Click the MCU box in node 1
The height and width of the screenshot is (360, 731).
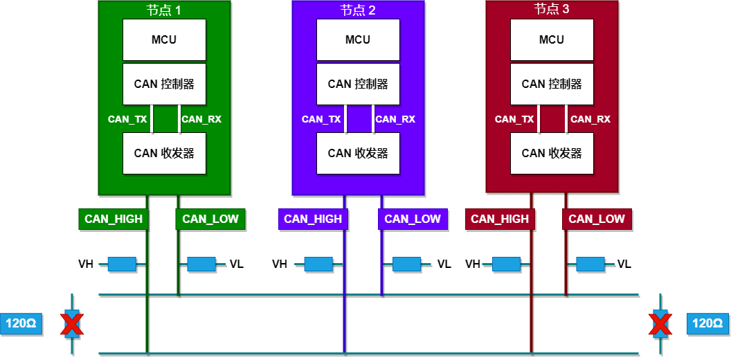point(164,39)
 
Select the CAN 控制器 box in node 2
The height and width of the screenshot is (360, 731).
point(358,84)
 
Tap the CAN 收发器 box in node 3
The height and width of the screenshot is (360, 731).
point(552,153)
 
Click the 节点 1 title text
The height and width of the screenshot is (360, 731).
point(164,10)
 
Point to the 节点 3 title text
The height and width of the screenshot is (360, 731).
point(552,10)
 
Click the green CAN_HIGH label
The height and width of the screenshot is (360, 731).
point(114,219)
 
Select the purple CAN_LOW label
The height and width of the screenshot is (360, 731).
point(413,219)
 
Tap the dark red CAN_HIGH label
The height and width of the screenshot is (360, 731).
point(500,219)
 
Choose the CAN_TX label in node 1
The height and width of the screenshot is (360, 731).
point(127,119)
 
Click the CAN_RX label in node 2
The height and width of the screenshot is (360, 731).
point(395,119)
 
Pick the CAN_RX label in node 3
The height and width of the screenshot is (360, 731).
point(590,119)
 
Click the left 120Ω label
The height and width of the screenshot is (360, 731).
point(21,323)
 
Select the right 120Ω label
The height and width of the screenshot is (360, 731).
point(707,323)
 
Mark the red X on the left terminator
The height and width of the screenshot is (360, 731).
point(72,323)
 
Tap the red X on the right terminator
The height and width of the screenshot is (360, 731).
point(660,323)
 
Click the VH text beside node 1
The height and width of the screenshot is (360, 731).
point(86,264)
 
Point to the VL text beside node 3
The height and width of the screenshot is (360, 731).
point(624,264)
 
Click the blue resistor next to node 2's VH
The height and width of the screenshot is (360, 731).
point(318,264)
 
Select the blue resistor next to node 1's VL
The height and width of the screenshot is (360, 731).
point(201,264)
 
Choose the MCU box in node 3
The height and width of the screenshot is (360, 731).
point(552,39)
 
